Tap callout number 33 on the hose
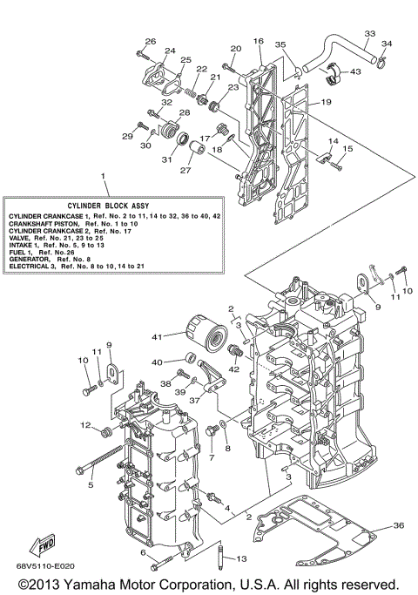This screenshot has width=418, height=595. [369, 33]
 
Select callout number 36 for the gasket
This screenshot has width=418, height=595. [398, 525]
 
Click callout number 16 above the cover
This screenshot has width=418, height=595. [258, 41]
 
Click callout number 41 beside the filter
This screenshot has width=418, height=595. [157, 335]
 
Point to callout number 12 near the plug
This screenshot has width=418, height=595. [87, 425]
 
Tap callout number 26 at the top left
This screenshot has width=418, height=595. [150, 41]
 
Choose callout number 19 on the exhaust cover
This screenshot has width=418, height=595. [325, 103]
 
